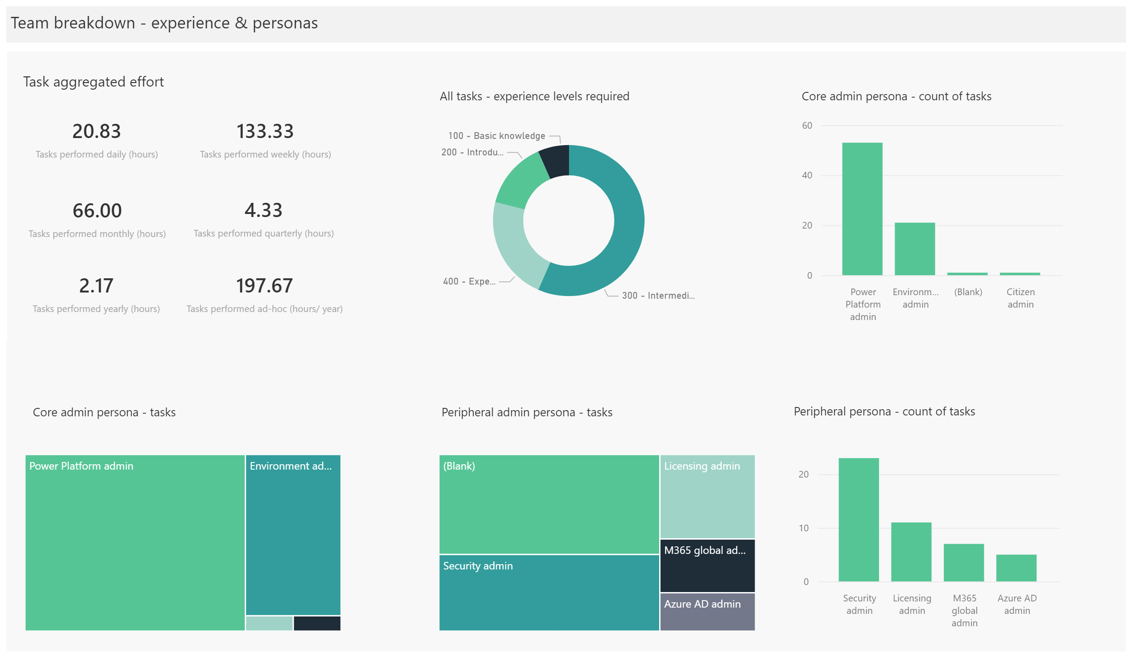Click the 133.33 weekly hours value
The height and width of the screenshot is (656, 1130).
pos(265,131)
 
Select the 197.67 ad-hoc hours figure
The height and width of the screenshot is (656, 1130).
pos(265,286)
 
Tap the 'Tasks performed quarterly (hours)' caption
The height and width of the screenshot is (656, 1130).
pos(264,233)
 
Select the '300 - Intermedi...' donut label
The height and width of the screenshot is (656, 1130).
pos(658,296)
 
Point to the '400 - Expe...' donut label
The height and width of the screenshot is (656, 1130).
pos(469,281)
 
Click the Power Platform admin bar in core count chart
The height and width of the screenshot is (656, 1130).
pos(862,209)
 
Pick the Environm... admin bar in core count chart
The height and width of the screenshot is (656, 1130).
pos(915,249)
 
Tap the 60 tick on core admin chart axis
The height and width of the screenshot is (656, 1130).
pos(807,126)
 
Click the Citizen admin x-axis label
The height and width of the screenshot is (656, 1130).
pos(1021,298)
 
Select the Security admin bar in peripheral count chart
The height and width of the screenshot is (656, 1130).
pos(859,520)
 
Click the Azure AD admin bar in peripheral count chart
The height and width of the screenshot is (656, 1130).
pos(1017,568)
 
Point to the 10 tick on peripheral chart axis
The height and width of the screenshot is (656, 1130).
pos(804,528)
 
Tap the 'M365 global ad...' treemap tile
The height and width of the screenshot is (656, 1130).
pos(707,566)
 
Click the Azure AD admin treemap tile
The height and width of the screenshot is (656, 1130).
pos(707,612)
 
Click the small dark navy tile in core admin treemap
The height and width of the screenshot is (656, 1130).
pos(317,623)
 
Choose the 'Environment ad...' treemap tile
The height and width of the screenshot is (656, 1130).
pos(293,535)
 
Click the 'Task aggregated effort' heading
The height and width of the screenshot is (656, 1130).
pos(93,82)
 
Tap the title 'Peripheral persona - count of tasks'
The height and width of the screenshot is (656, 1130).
pos(884,412)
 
